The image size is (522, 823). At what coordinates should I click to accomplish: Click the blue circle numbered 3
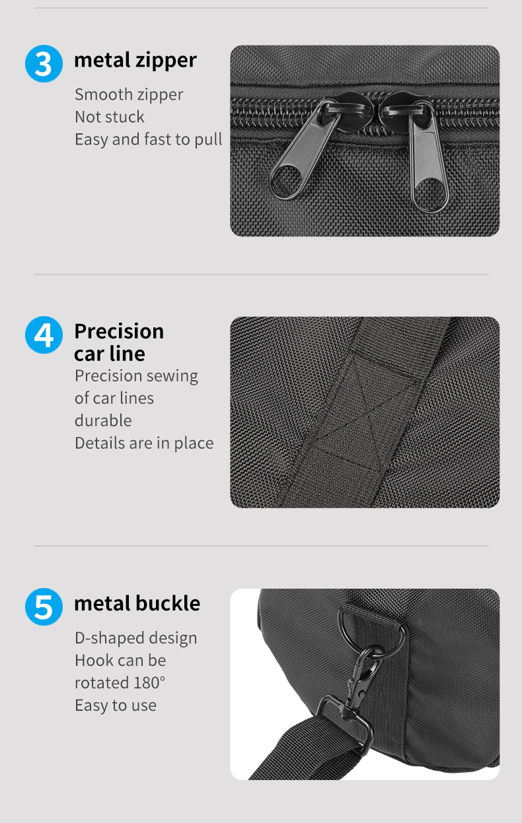[44, 63]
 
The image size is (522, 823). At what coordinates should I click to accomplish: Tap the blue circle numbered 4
[44, 335]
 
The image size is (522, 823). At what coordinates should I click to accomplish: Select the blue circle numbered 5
[44, 607]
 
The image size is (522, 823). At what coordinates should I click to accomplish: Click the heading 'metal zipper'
[135, 60]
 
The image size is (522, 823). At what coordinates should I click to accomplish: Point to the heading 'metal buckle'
[137, 603]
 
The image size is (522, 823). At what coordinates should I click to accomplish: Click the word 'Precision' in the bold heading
[119, 331]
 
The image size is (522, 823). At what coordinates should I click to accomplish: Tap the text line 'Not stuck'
[109, 117]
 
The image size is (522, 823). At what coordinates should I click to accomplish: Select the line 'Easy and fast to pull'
[148, 139]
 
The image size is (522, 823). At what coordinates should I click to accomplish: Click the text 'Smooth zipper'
[129, 94]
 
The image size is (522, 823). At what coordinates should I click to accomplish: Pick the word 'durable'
[103, 420]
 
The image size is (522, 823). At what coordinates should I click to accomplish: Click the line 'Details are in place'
[144, 443]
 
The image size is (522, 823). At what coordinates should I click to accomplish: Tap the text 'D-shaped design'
[135, 638]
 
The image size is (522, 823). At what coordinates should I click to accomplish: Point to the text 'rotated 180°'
[120, 682]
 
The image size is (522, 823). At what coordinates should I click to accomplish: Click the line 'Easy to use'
[116, 705]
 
